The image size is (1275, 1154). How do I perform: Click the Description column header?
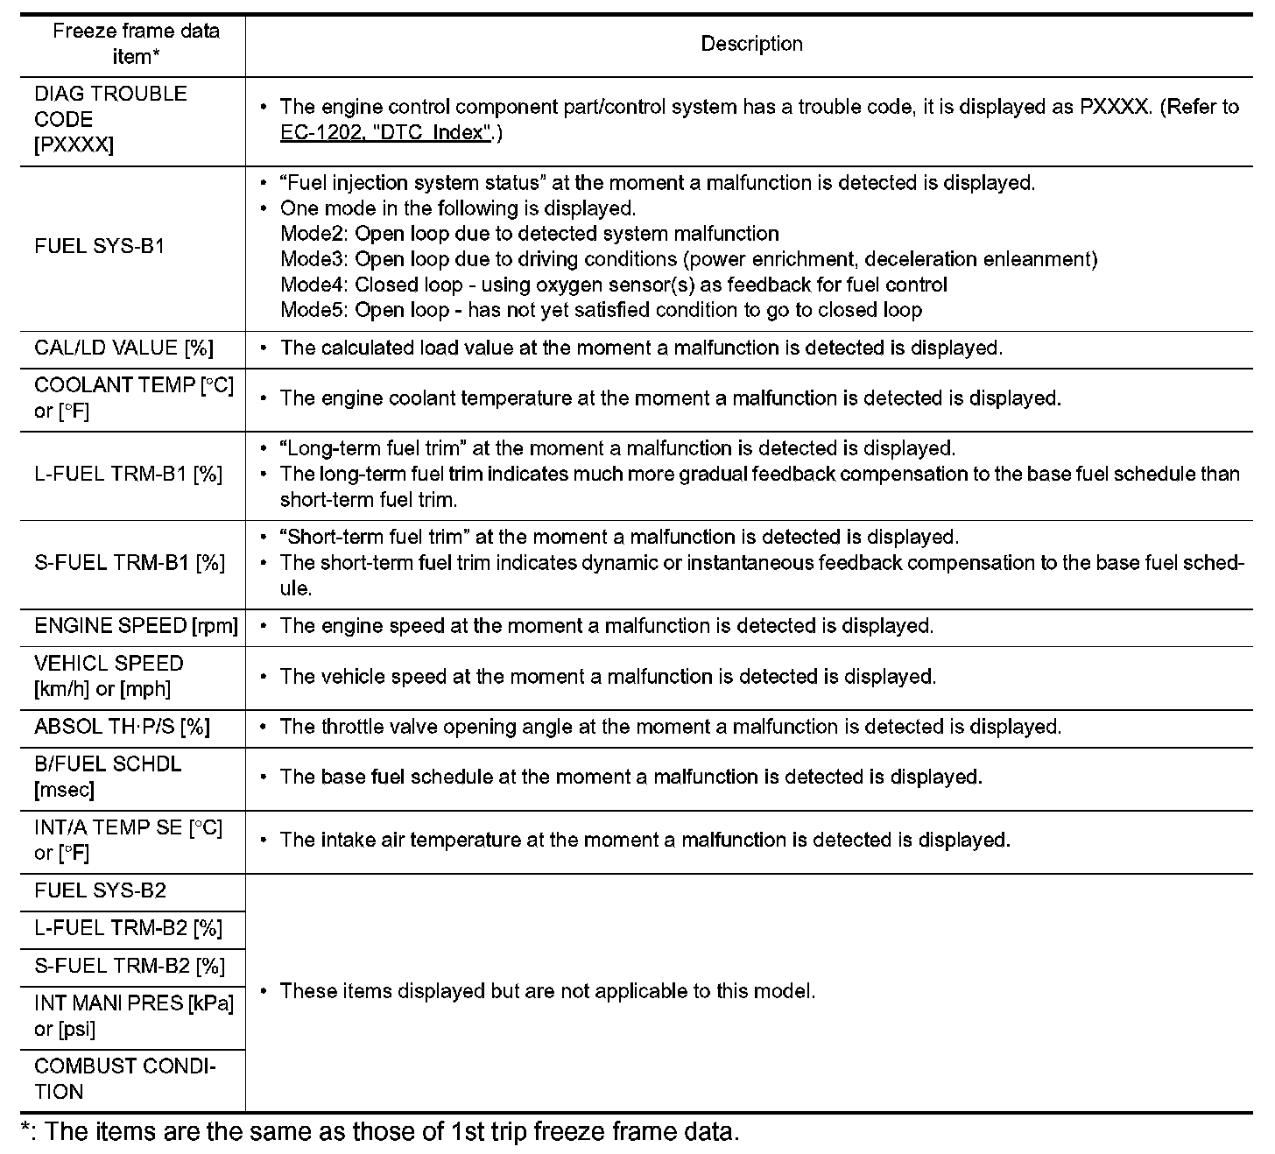751,44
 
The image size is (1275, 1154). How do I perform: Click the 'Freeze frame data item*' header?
136,44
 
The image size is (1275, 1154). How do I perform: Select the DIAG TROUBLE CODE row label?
110,119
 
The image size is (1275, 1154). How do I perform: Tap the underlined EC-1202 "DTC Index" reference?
385,133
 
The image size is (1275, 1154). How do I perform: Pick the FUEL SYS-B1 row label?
99,246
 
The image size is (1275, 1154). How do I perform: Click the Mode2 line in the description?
529,234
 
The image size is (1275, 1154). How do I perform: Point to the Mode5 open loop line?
601,310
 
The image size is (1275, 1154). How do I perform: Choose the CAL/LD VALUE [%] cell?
123,348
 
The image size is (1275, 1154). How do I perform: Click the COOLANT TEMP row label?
134,398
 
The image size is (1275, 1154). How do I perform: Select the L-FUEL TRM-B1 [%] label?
128,474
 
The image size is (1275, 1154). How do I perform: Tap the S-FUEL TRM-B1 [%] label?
130,562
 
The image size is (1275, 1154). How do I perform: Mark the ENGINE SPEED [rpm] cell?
136,626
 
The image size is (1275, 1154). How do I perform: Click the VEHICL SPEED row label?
109,676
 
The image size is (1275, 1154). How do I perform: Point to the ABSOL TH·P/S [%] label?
122,727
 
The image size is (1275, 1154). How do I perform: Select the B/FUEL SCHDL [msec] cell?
108,777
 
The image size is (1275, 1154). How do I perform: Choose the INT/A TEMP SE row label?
128,840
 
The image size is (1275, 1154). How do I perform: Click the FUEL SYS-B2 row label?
100,891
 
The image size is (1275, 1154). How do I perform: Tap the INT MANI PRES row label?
134,1016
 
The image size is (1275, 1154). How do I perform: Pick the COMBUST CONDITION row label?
125,1079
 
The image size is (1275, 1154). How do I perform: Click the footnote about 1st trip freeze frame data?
380,1131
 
